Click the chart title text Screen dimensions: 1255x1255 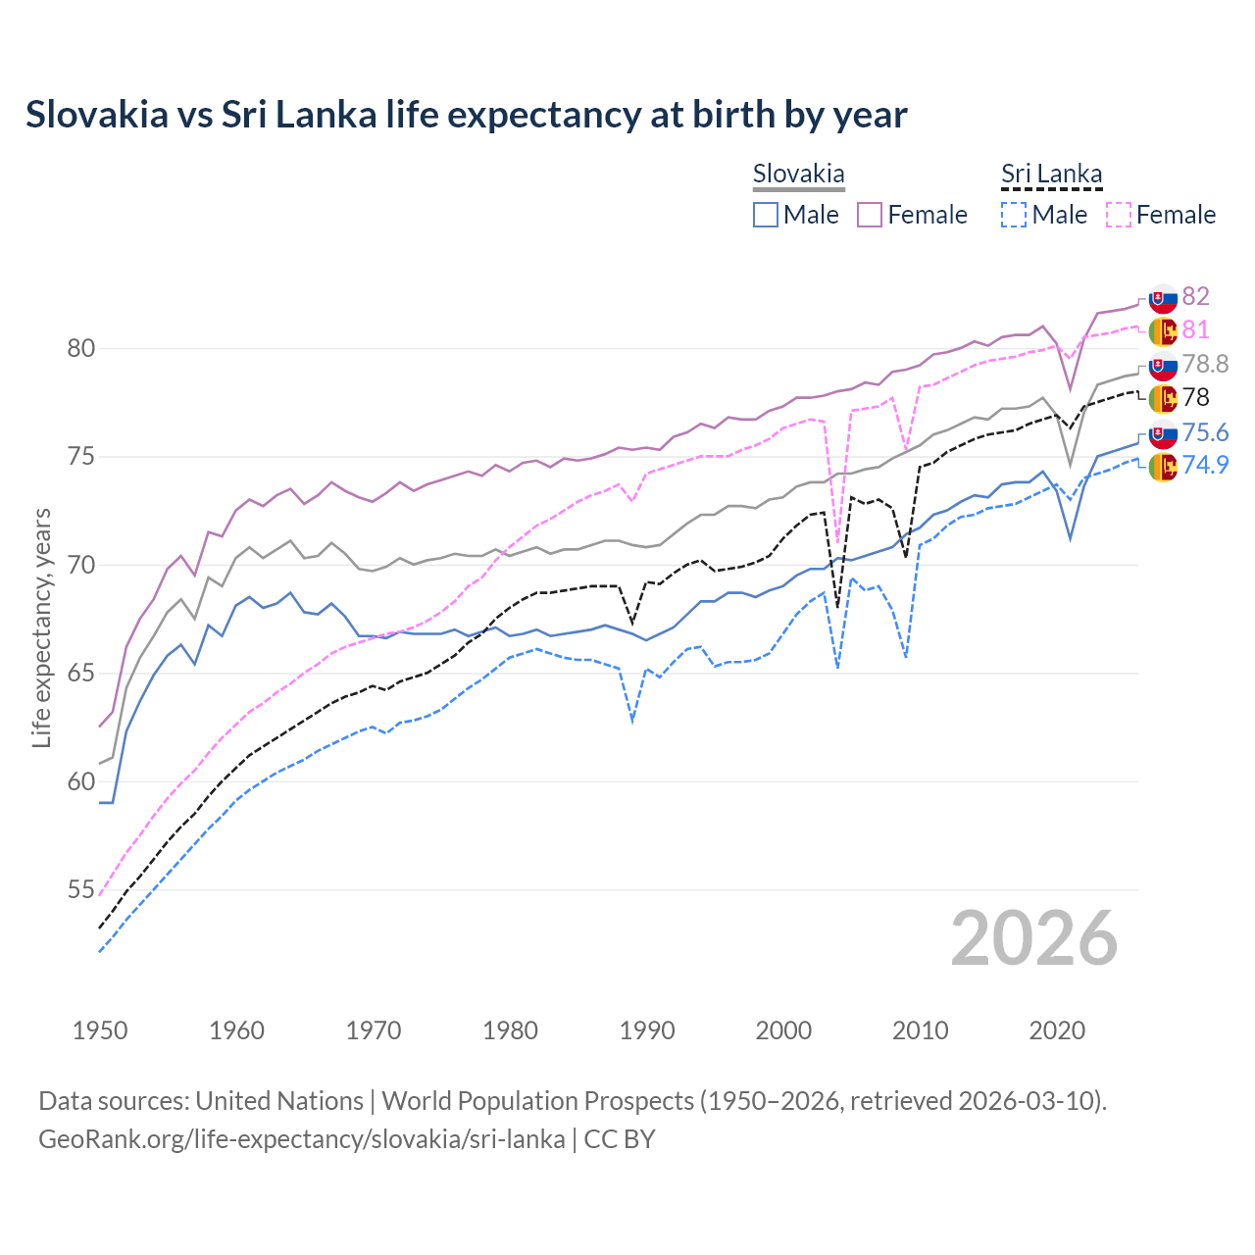pos(467,115)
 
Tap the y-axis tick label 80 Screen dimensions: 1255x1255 pos(81,348)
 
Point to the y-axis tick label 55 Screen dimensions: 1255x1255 pos(81,890)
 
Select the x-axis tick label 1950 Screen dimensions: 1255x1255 pos(100,1030)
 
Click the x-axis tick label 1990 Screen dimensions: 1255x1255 pos(647,1030)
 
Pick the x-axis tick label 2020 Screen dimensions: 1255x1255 pos(1057,1030)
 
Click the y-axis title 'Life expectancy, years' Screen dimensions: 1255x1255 pos(42,627)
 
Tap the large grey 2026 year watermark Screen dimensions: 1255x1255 pos(1034,938)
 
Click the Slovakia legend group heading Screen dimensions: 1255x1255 pos(798,175)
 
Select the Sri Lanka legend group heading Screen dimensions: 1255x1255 pos(1051,175)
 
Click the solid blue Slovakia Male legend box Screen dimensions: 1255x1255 pos(766,215)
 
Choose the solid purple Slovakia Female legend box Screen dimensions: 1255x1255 pos(870,215)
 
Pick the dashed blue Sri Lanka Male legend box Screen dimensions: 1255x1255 pos(1014,215)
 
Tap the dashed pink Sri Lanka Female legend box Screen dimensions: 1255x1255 pos(1119,215)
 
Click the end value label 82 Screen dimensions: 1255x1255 pos(1195,296)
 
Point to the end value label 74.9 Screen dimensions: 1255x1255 pos(1205,465)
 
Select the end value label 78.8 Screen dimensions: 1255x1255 pos(1205,364)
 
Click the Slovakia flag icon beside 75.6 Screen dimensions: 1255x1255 pos(1163,433)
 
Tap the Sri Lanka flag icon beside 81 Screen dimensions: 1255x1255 pos(1163,331)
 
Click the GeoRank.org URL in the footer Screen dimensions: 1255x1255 pos(302,1139)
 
